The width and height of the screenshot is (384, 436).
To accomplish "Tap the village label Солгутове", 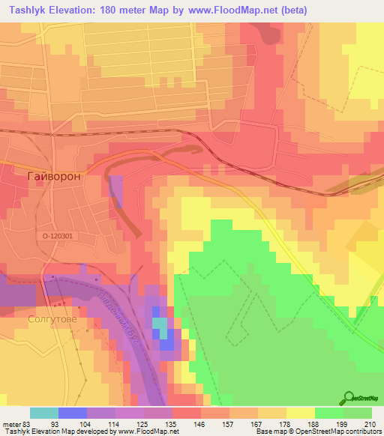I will [x=52, y=318].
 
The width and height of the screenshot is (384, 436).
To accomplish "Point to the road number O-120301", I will [x=57, y=236].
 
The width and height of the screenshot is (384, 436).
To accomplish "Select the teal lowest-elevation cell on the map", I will [x=161, y=324].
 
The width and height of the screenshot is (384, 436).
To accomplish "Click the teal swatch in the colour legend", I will [x=43, y=413].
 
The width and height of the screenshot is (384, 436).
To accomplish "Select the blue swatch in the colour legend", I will [x=73, y=413].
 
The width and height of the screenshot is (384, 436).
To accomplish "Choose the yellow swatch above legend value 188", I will [x=301, y=413].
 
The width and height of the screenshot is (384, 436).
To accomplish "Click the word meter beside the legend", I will [x=11, y=423].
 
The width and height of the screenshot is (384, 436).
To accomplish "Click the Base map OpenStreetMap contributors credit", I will [x=319, y=432].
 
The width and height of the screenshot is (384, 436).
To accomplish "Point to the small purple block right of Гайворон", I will [x=116, y=188].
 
